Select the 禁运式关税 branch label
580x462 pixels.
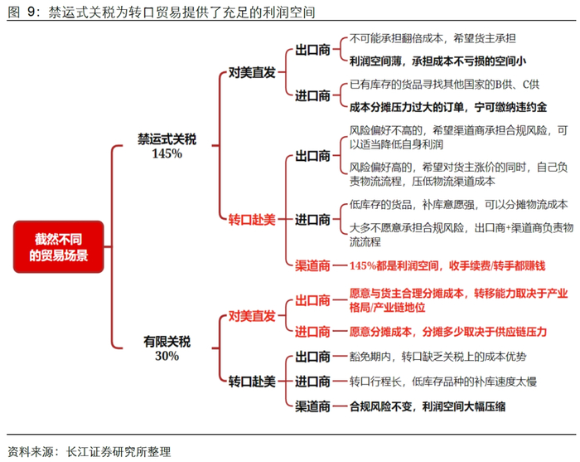pos(167,139)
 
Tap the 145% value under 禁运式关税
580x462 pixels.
pos(167,154)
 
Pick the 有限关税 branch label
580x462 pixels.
pos(167,341)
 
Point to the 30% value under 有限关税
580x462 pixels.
pos(167,356)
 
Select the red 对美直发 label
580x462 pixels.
pos(252,315)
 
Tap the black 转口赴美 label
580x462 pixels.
pos(252,382)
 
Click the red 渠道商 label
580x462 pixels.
pos(312,265)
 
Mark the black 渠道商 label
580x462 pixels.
pos(312,406)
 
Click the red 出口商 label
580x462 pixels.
pos(312,299)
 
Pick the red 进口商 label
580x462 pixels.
pos(312,331)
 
